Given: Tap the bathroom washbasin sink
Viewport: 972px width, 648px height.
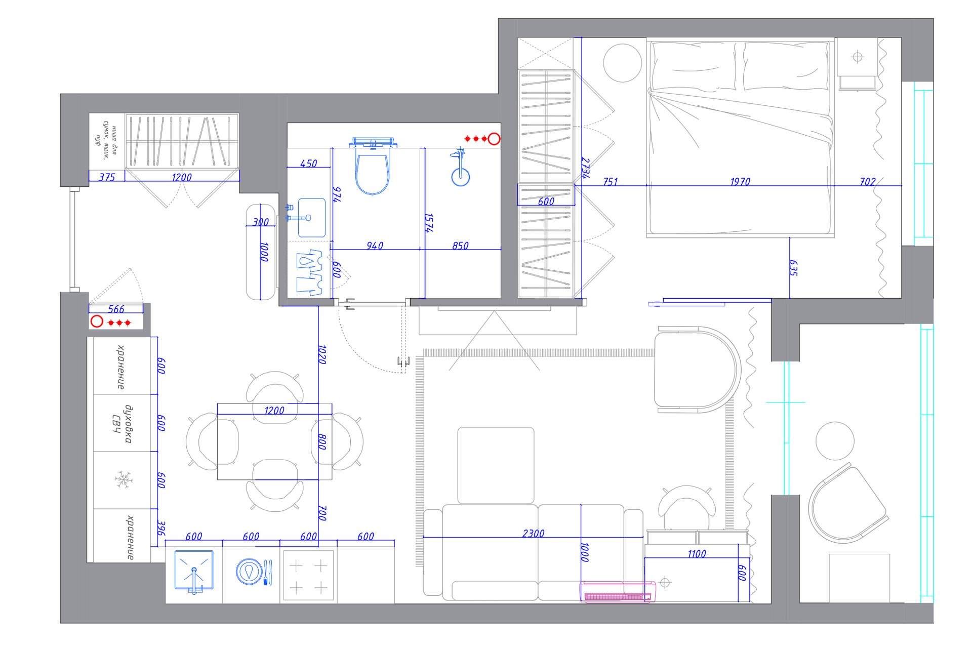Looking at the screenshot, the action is (x=311, y=218).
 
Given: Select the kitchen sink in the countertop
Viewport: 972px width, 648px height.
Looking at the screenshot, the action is (x=194, y=571).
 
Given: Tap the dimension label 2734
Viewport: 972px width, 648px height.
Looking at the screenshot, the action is (x=586, y=168).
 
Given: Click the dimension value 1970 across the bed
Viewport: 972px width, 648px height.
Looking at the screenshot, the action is (x=740, y=181).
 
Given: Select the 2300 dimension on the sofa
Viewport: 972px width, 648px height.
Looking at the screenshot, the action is (x=534, y=533).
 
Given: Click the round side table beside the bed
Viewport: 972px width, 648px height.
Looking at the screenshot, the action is (x=623, y=63).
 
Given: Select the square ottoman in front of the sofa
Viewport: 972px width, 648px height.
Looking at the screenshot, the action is (x=496, y=465).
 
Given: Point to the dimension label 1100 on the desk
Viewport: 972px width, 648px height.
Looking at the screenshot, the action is (x=697, y=554).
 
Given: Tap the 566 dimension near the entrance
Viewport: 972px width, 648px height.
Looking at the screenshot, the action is (x=116, y=309).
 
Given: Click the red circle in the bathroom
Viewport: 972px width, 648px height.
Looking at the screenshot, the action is (x=494, y=138).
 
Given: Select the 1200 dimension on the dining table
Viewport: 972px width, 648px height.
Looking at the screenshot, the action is (x=274, y=410).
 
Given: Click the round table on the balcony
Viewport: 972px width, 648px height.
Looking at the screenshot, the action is (x=835, y=441).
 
